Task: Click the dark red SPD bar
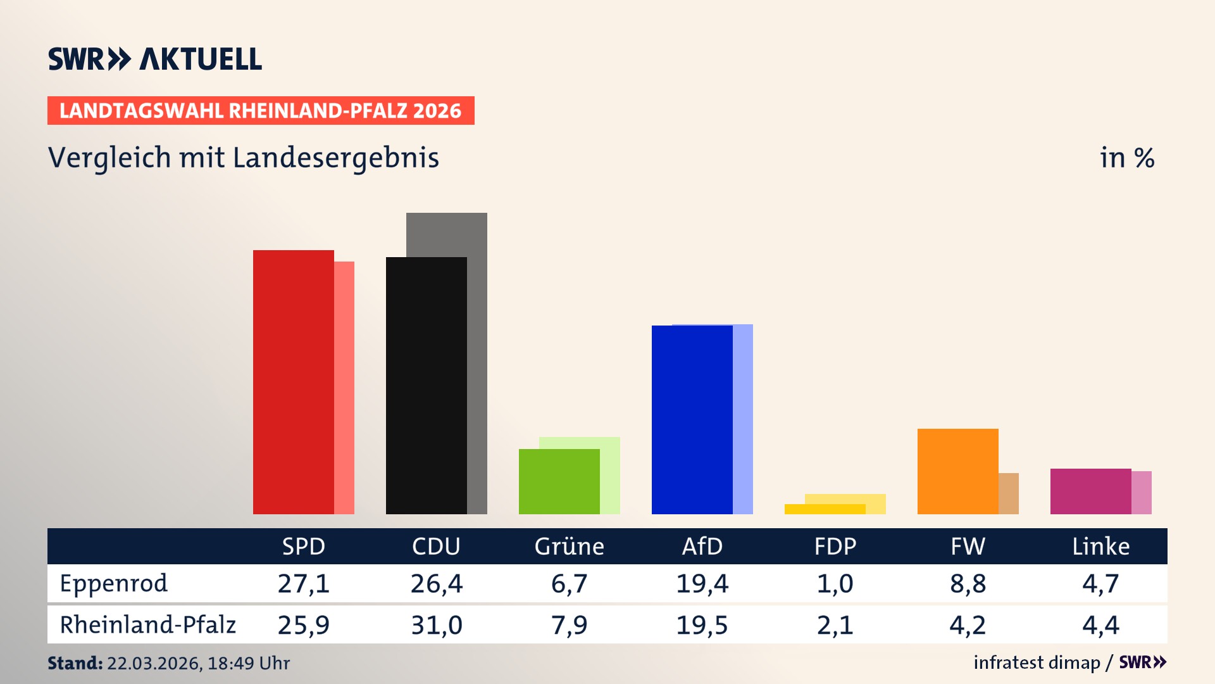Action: (x=293, y=382)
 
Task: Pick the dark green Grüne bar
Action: (x=559, y=481)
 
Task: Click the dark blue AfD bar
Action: (x=692, y=419)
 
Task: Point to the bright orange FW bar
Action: (x=957, y=471)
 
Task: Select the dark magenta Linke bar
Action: (x=1090, y=491)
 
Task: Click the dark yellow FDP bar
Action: (x=825, y=509)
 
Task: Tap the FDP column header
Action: (x=835, y=546)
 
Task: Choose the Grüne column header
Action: (x=569, y=546)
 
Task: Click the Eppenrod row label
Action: (x=114, y=583)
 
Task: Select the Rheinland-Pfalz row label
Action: (x=147, y=625)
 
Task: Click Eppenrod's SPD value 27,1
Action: (x=303, y=583)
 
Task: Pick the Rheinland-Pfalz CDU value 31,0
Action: (x=436, y=625)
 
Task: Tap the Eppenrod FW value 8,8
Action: (x=968, y=583)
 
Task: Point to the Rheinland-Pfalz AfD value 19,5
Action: (x=702, y=625)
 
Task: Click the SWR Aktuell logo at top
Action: (x=155, y=59)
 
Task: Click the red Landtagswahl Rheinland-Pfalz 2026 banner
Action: (x=261, y=111)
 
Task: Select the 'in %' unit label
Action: (x=1126, y=158)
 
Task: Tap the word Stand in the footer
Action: (x=75, y=663)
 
